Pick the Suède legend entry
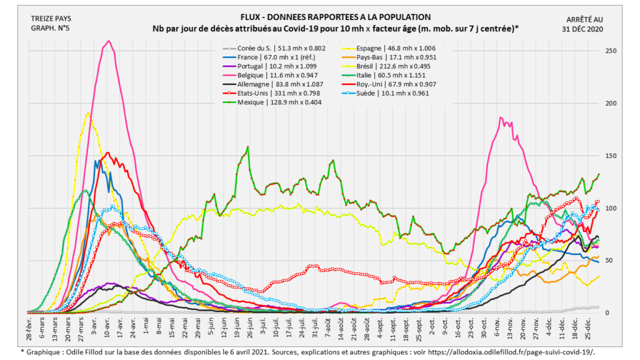(x=394, y=93)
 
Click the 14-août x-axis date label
(x=341, y=328)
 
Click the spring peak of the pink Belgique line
(x=109, y=41)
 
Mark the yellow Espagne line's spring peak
(x=87, y=114)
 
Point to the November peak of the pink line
(x=500, y=117)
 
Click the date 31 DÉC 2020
(x=586, y=28)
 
